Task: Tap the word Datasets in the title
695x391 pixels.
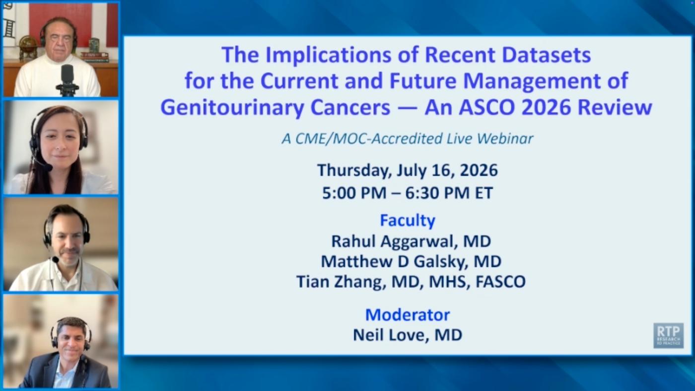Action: [546, 55]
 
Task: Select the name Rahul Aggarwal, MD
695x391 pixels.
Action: [411, 241]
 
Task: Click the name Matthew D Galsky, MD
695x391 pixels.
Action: [411, 261]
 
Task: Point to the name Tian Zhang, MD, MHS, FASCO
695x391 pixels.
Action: [411, 281]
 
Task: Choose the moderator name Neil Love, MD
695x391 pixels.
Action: [408, 335]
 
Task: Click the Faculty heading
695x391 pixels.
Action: [408, 220]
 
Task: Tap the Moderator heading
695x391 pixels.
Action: [408, 314]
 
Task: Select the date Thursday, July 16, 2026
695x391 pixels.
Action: [408, 170]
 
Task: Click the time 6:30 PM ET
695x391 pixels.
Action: [449, 193]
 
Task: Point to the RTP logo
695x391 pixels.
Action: [668, 335]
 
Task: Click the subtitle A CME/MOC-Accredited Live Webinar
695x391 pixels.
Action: [408, 139]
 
